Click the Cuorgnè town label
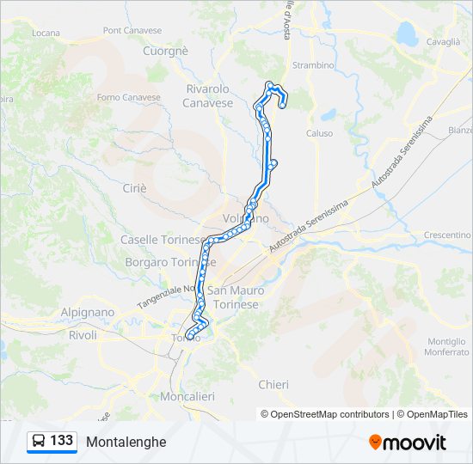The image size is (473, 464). [x=166, y=52]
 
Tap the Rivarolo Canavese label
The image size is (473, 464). [x=207, y=95]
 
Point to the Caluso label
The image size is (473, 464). [x=319, y=133]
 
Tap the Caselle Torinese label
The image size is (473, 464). [x=163, y=240]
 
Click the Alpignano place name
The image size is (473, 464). [x=88, y=313]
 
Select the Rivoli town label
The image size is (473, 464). [x=83, y=335]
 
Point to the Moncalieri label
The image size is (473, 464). [x=187, y=396]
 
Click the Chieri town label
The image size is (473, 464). [x=273, y=384]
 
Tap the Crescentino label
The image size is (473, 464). [x=447, y=235]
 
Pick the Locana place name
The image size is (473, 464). [x=45, y=33]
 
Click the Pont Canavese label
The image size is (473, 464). [x=132, y=30]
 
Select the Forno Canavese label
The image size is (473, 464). [x=129, y=97]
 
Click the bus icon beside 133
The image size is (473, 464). [x=39, y=441]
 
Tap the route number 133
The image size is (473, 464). [x=62, y=441]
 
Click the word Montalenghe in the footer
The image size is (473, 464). [x=126, y=442]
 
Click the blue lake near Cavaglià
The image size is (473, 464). [x=406, y=34]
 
